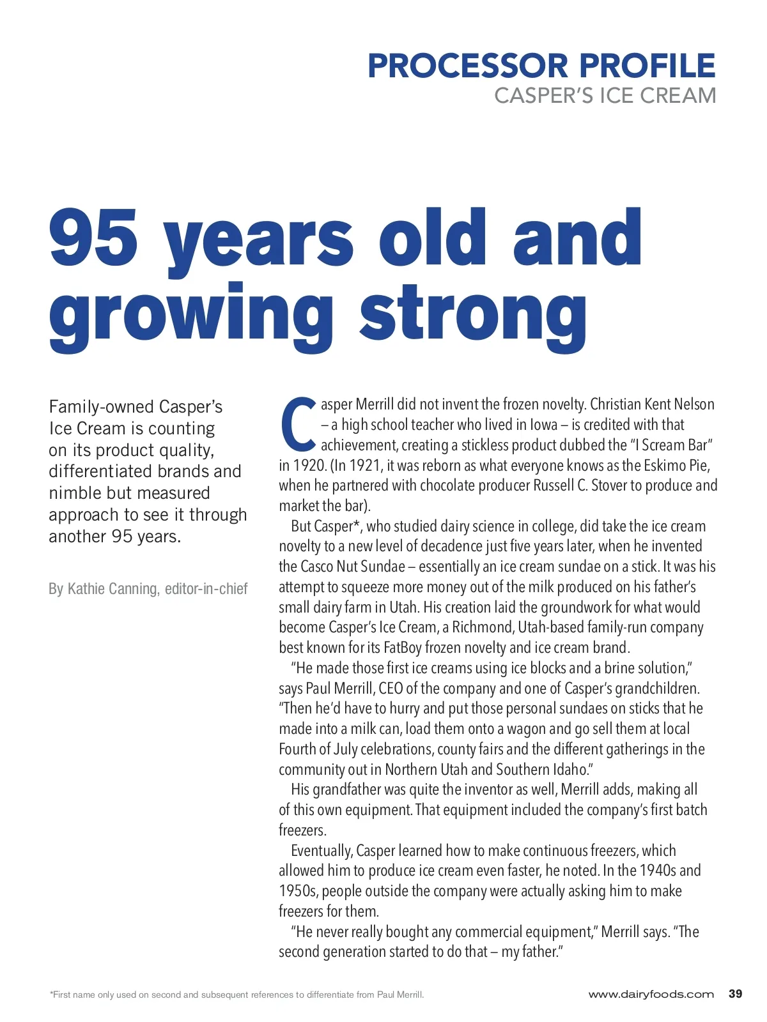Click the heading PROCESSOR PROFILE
point(541,66)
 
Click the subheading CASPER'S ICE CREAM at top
point(605,96)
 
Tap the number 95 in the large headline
point(93,238)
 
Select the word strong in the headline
point(473,314)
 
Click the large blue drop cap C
point(298,424)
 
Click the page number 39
point(735,994)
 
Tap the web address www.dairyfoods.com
point(651,995)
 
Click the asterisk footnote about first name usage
point(236,995)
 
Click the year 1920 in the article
point(309,465)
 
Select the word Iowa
point(543,425)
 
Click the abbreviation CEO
point(391,689)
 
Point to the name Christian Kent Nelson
point(652,404)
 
